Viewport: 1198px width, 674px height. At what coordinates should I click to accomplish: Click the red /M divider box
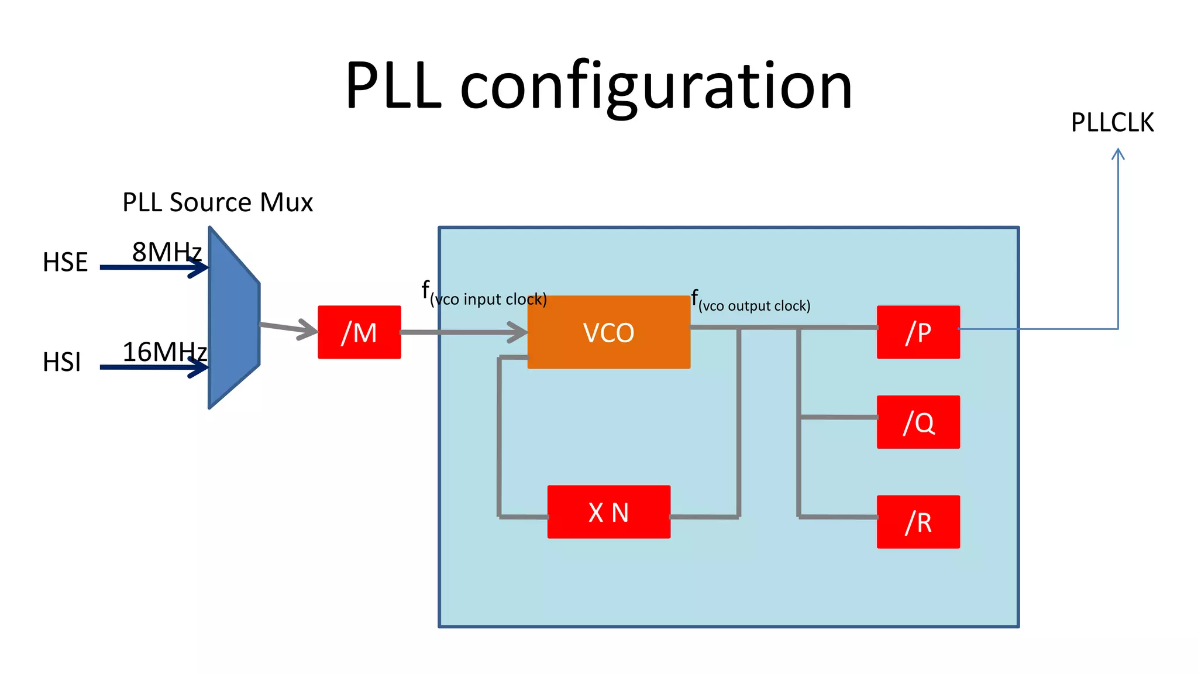[x=359, y=332]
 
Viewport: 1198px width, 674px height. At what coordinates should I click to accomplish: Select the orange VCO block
[x=608, y=332]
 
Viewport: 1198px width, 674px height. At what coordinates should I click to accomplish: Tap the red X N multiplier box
[x=608, y=512]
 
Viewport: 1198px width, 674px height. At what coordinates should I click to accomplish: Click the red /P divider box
[x=918, y=332]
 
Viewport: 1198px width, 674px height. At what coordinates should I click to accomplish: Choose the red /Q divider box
[x=918, y=422]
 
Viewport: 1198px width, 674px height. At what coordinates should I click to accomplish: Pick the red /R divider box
[x=918, y=521]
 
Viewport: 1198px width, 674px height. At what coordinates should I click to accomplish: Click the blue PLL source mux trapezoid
[x=233, y=319]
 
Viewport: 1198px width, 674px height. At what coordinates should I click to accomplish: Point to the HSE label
[x=65, y=262]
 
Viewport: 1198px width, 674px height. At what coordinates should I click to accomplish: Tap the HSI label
[x=61, y=362]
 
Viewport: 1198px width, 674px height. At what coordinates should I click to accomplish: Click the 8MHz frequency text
[x=167, y=252]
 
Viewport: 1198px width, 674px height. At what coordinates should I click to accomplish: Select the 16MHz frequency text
[x=164, y=352]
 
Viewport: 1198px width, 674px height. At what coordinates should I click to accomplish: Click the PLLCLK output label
[x=1112, y=123]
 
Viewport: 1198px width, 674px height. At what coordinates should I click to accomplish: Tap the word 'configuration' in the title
[x=656, y=87]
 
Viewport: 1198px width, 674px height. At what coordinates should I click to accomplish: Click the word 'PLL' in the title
[x=393, y=87]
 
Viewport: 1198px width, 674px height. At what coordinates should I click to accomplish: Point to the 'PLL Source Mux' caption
[x=218, y=202]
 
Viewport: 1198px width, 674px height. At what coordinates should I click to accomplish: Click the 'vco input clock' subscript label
[x=488, y=299]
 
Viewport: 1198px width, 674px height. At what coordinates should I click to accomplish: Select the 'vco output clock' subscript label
[x=754, y=305]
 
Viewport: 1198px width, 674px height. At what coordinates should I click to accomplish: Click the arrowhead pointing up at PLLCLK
[x=1118, y=154]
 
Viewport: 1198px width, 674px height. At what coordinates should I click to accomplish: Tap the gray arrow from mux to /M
[x=289, y=328]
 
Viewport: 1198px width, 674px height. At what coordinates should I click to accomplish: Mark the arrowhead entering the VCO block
[x=518, y=332]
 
